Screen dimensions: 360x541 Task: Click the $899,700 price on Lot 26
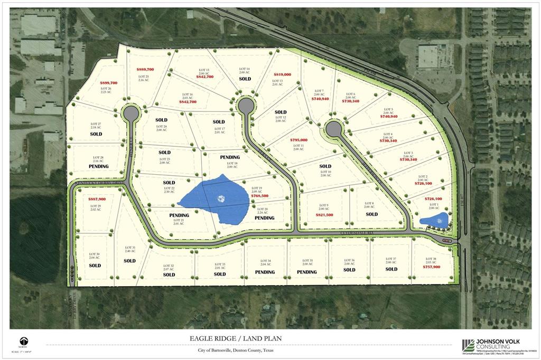[x=108, y=83]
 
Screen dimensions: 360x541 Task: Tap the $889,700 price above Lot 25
[x=145, y=70]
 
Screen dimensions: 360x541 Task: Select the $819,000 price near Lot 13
[x=282, y=74]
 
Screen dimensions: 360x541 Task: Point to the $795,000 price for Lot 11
[x=299, y=140]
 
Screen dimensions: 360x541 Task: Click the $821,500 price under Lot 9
[x=324, y=215]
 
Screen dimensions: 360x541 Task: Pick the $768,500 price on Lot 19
[x=260, y=196]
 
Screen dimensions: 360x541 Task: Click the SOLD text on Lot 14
[x=245, y=79]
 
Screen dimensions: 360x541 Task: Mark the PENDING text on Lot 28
[x=98, y=167]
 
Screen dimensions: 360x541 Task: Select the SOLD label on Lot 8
[x=372, y=214]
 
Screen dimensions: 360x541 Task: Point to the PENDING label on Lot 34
[x=265, y=272]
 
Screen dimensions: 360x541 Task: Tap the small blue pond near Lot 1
[x=434, y=220]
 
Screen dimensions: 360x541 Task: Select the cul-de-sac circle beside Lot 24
[x=130, y=113]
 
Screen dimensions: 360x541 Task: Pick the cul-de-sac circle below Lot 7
[x=333, y=128]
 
